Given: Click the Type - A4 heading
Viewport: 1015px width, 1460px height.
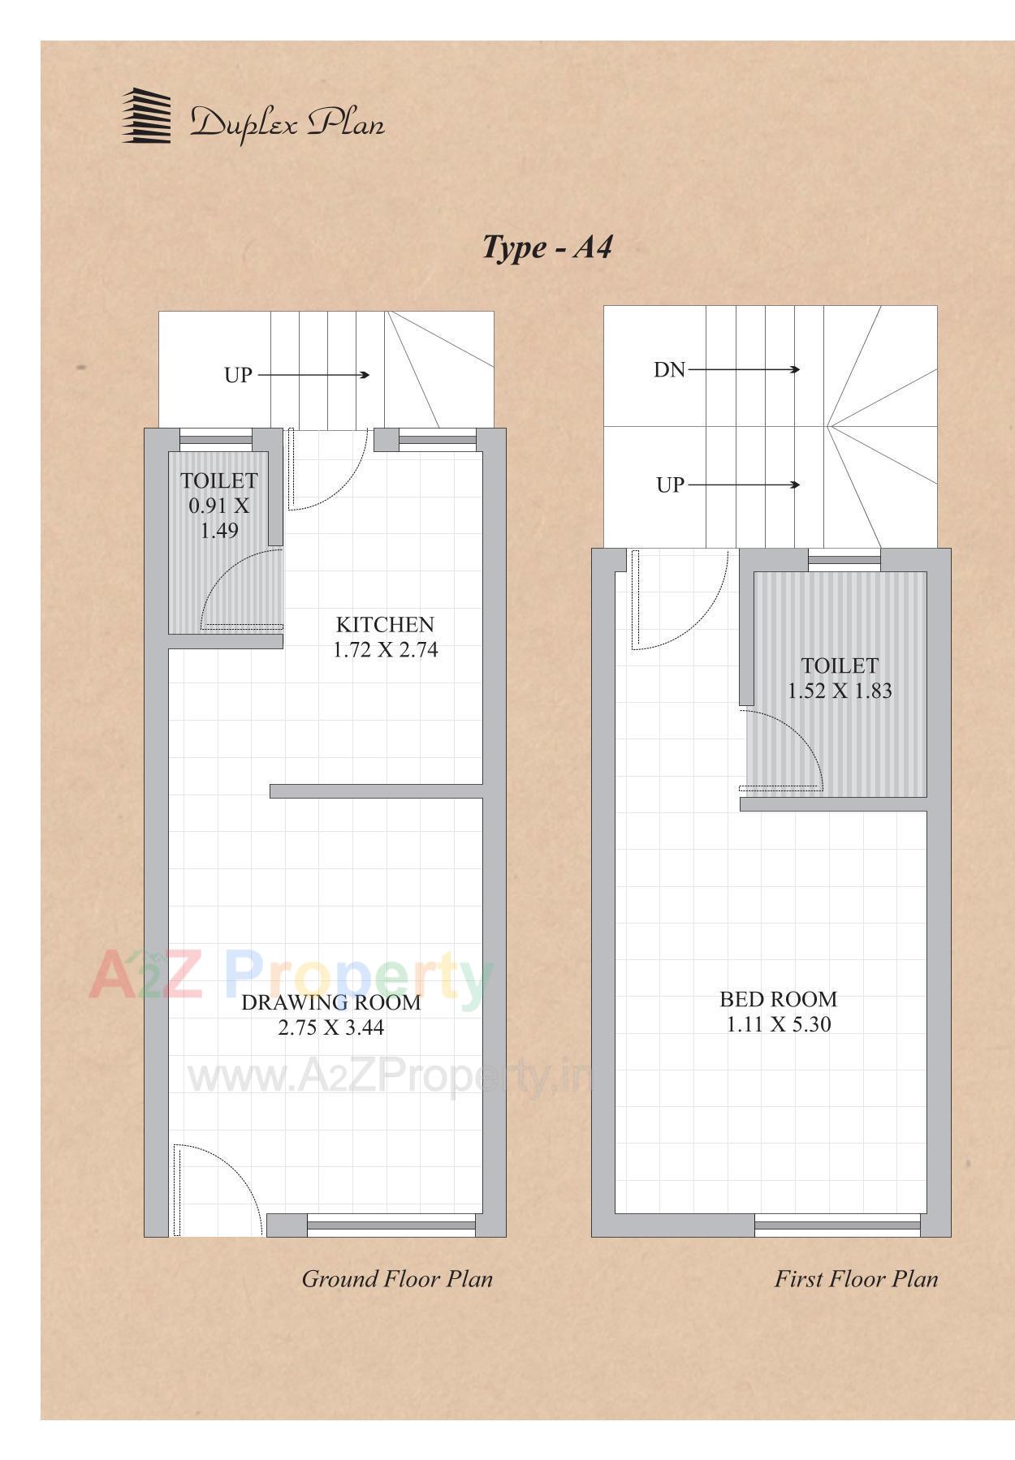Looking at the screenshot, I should (547, 247).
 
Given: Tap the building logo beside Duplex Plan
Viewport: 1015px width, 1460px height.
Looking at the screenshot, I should (147, 117).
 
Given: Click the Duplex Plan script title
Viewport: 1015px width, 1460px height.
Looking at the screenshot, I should (287, 123).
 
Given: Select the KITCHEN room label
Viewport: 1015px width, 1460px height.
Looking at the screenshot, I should (385, 624).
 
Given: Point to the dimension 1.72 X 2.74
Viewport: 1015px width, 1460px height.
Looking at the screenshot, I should (385, 650).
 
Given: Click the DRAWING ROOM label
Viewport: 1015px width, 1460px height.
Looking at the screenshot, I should (330, 1002).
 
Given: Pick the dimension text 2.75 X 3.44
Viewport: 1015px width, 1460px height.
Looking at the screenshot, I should (330, 1028).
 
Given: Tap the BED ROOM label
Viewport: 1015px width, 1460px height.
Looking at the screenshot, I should (778, 999).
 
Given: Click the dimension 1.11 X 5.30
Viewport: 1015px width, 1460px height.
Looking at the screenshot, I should (778, 1025).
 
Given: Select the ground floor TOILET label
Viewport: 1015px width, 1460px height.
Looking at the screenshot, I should (218, 481).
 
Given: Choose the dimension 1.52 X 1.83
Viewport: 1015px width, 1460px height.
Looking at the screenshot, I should (840, 691).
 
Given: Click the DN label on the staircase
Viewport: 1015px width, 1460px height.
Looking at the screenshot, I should (669, 370).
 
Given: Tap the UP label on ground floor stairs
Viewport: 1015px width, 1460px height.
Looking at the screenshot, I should (238, 376).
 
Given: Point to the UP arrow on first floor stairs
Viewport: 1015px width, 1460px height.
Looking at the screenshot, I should (743, 485).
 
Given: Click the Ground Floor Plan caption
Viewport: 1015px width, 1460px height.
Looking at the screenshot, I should (397, 1279).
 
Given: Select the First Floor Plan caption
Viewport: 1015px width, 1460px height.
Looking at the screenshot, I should (856, 1279).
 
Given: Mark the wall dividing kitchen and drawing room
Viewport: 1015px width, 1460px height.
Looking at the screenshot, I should (376, 791).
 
